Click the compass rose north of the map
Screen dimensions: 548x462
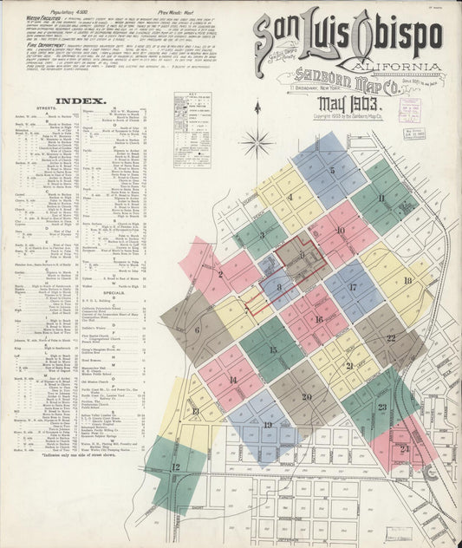point(257,139)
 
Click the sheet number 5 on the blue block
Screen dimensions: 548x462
point(331,171)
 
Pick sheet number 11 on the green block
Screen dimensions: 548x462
point(381,199)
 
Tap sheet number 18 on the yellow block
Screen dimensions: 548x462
point(407,280)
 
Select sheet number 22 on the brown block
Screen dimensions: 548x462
point(391,338)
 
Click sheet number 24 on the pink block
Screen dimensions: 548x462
point(405,448)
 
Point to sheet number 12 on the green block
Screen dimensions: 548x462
point(175,467)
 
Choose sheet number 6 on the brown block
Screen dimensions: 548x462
point(197,329)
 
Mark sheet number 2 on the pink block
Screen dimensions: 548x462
point(220,274)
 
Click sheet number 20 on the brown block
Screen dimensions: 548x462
point(306,397)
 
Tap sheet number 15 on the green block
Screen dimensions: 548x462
point(272,350)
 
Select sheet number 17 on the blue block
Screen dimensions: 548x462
point(352,287)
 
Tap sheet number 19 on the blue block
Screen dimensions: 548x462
point(267,424)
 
